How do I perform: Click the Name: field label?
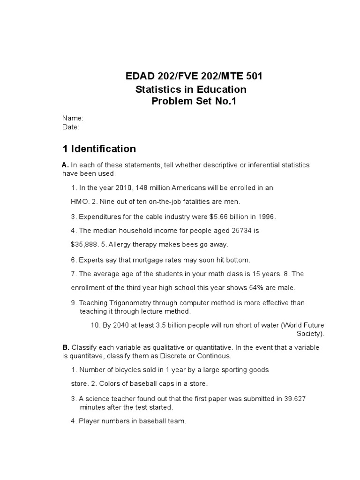coord(72,119)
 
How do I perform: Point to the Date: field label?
coord(71,127)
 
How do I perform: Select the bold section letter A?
coord(66,165)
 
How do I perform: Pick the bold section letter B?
coord(66,347)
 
